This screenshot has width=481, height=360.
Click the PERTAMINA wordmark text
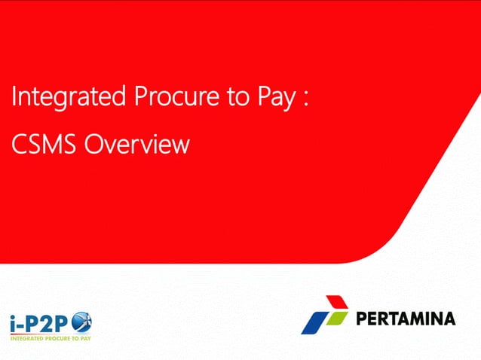click(406, 319)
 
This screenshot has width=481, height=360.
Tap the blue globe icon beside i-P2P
click(81, 323)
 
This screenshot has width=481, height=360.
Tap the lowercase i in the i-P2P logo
click(13, 324)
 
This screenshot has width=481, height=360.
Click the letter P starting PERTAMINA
click(360, 319)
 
